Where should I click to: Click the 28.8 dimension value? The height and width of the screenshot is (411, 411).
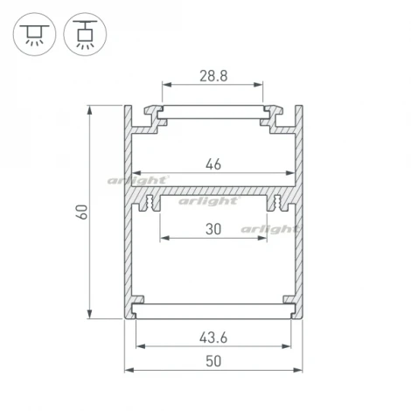pyautogui.click(x=212, y=76)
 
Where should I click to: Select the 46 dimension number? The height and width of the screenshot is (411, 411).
pyautogui.click(x=212, y=163)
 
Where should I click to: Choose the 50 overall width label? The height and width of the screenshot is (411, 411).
pyautogui.click(x=212, y=360)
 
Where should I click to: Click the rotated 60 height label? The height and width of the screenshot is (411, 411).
pyautogui.click(x=81, y=212)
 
